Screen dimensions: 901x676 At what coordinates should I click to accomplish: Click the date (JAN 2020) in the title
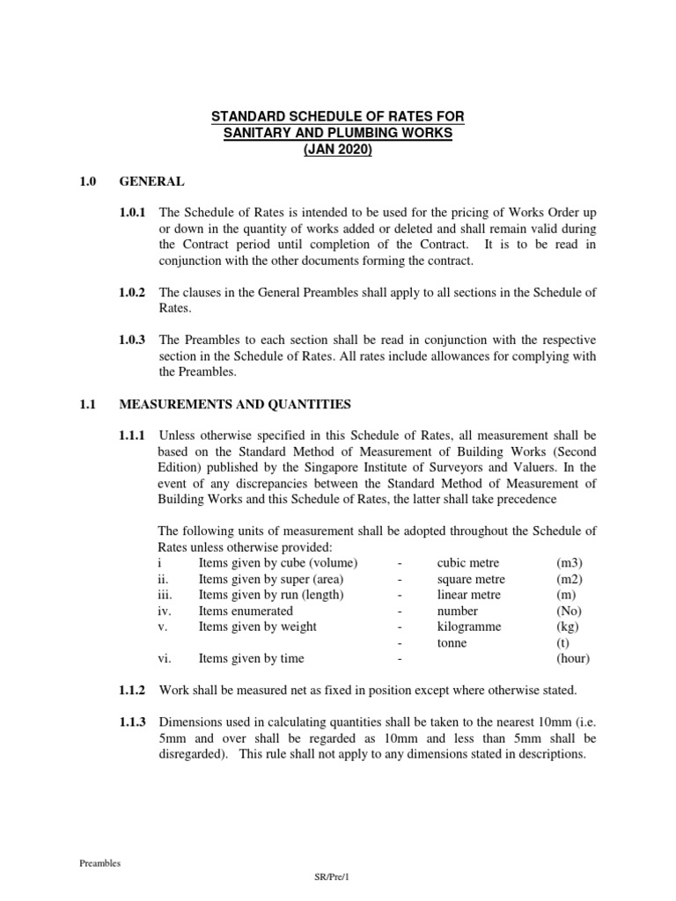click(337, 149)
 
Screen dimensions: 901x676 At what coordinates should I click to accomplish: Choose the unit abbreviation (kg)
click(568, 626)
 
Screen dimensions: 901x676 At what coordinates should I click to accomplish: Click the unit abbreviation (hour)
click(573, 658)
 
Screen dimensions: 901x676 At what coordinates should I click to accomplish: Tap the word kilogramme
click(469, 626)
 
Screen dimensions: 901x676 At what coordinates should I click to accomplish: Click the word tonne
click(452, 642)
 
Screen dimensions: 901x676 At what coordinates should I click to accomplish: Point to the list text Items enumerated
click(246, 611)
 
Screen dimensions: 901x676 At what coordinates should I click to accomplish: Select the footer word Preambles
click(99, 863)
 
